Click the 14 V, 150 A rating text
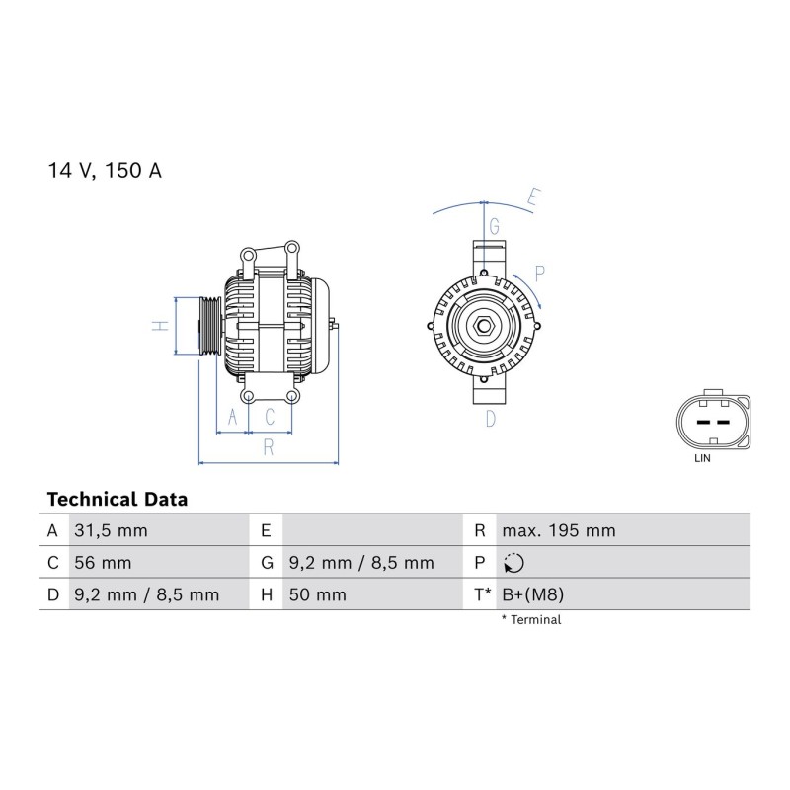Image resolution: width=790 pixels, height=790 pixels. coord(105,170)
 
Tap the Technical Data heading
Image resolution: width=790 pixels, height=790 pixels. coord(118,500)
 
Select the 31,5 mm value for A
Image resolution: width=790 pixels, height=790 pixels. coord(111,531)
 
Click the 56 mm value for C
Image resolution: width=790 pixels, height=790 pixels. coord(103,563)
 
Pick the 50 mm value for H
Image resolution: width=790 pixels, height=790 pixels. coord(317,595)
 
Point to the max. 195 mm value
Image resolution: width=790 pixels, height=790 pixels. coord(559,531)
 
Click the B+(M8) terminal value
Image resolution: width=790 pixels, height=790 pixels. coord(533,595)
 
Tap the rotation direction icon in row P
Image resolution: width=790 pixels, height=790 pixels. coord(513,563)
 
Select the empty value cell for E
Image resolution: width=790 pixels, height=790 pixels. coord(373,530)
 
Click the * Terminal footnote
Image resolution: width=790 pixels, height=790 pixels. coord(531,620)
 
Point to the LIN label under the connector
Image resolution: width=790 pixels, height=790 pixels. coord(702,458)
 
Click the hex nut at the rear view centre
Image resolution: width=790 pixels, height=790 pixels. coord(484,326)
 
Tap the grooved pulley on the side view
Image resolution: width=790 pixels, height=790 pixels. coord(210,327)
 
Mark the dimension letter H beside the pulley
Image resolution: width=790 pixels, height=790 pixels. coord(160,326)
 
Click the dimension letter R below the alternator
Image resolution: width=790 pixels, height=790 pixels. coord(269,447)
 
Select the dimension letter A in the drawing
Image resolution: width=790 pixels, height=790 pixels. coord(232,417)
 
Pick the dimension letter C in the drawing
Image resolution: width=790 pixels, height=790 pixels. coord(270,417)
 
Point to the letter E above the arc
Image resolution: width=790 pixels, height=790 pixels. coord(533,197)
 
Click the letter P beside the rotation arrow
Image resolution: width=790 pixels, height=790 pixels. coord(539,274)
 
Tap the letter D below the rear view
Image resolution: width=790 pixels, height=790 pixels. coord(491,419)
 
